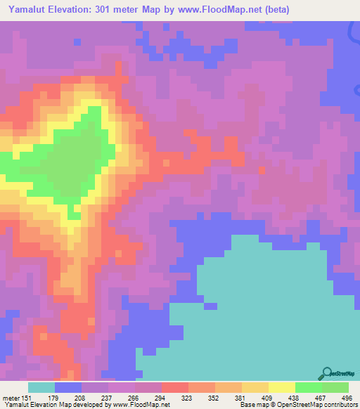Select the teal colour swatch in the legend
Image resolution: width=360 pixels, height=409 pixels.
(41, 388)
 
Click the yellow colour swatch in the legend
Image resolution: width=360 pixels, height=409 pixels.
(282, 388)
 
